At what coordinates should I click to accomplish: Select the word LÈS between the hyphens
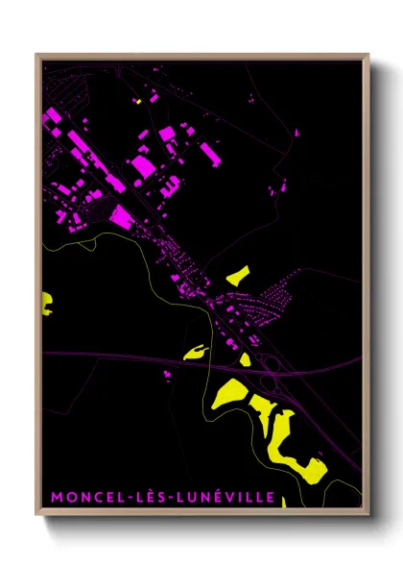[x=143, y=498]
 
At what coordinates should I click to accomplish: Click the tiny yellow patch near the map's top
[x=139, y=100]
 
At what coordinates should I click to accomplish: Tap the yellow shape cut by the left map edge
[x=45, y=305]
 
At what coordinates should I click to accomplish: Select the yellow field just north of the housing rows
[x=237, y=275]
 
